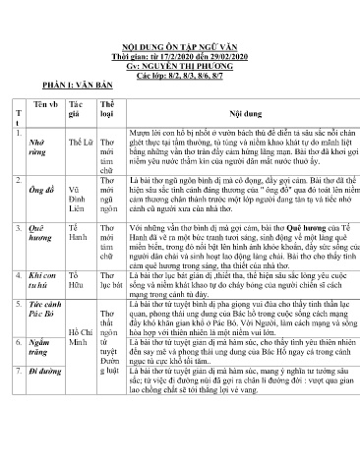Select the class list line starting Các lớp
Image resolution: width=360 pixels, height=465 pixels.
tap(178, 75)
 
